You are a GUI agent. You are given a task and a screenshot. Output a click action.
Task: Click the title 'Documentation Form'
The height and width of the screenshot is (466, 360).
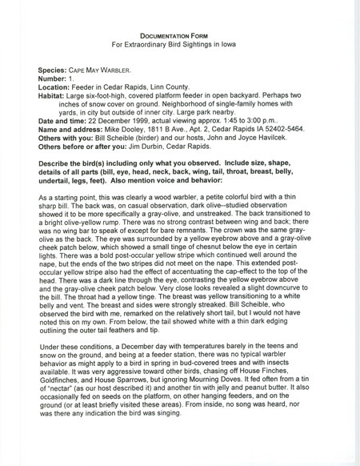179,36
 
